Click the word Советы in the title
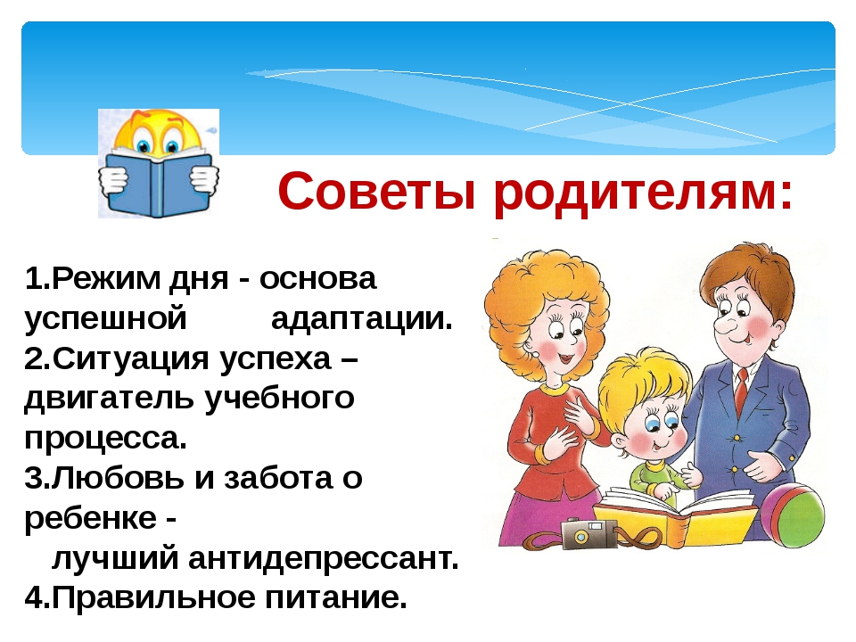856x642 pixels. click(376, 192)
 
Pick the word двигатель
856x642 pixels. click(109, 399)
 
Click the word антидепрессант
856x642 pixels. click(320, 559)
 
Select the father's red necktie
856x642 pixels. click(741, 391)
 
